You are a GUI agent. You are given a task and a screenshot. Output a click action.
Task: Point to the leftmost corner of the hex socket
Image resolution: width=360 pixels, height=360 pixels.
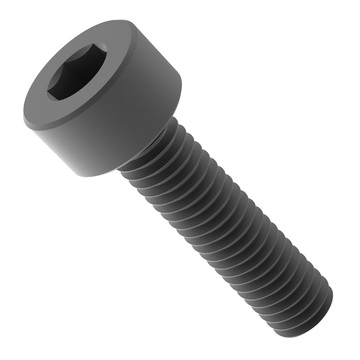pyautogui.click(x=47, y=92)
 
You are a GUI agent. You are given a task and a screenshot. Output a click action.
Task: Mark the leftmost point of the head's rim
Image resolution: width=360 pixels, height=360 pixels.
pyautogui.click(x=23, y=118)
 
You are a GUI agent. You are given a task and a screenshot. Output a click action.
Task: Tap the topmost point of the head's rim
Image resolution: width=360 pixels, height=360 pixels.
pyautogui.click(x=116, y=20)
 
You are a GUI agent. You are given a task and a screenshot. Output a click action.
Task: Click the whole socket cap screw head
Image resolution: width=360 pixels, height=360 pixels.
pyautogui.click(x=102, y=98)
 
